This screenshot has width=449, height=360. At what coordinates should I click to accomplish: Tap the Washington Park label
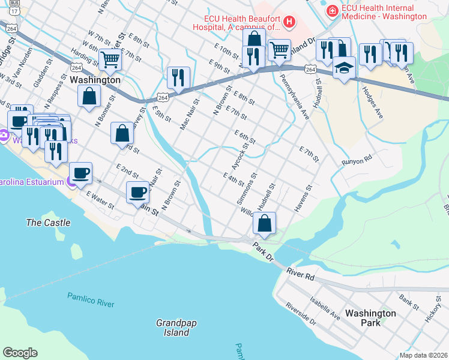[x=370, y=318]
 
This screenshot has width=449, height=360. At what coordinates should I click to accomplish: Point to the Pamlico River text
[x=91, y=300]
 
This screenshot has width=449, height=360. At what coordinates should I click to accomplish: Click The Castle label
[x=48, y=223]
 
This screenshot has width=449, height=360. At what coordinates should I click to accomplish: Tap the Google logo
[x=20, y=353]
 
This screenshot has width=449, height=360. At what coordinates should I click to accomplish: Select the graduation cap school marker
[x=344, y=67]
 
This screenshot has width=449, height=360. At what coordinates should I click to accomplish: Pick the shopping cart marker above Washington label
[x=110, y=59]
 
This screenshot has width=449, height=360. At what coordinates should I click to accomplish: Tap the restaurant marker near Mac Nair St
[x=178, y=77]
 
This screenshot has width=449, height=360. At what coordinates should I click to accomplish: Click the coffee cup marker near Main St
[x=137, y=192]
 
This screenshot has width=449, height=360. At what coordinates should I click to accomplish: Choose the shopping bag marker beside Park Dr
[x=264, y=223]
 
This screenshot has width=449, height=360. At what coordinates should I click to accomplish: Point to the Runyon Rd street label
[x=357, y=161]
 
